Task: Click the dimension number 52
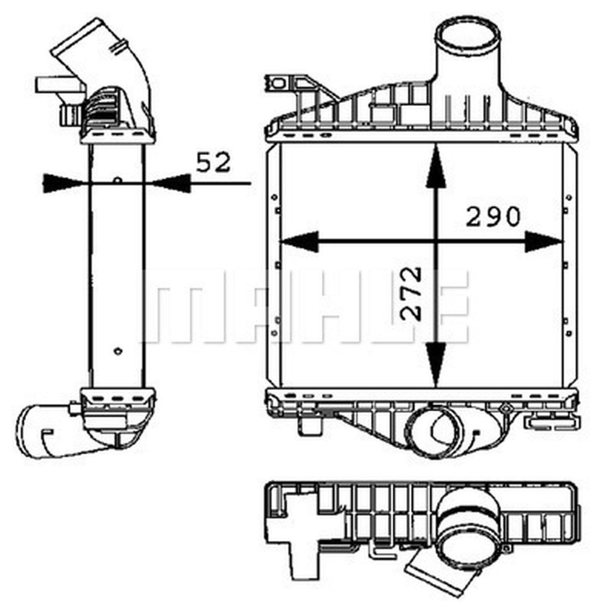213,162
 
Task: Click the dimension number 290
493,216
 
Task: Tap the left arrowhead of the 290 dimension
300,241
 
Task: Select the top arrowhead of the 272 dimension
435,166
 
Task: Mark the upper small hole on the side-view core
117,180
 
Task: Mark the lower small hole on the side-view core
117,351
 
